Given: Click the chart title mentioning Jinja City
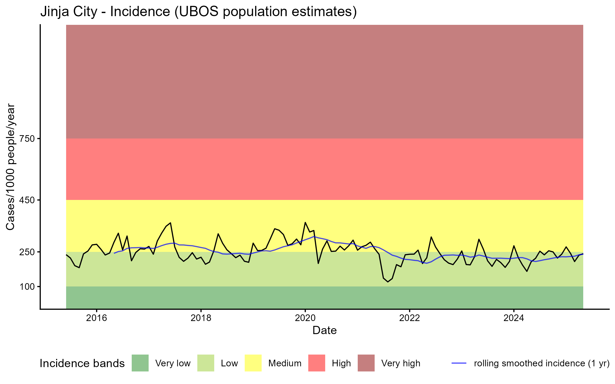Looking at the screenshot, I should coord(199,12).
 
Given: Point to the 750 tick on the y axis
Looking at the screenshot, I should coord(27,139).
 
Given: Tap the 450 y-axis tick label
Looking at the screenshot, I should coord(27,200).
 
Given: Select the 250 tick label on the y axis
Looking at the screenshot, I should coord(27,252).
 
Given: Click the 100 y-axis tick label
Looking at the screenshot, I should coord(27,287).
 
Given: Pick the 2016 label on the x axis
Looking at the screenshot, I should coord(96,318).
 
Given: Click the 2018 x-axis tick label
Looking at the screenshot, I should coord(201,318).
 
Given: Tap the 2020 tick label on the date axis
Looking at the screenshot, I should coord(305,318).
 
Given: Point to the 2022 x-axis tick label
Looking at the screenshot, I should coord(409,318).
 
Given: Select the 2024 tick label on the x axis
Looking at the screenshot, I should coord(514,318).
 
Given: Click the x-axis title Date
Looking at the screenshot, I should coord(324,330).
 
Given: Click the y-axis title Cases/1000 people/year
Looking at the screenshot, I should coord(11,167).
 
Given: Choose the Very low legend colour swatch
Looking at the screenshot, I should coord(140,363).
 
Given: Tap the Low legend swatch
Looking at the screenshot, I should coord(206,363).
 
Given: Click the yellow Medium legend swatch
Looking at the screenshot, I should coord(253,363).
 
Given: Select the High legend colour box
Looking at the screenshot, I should coord(317,363).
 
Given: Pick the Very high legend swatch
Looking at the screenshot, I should coord(366,363).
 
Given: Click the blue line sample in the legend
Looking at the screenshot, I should coord(459,363).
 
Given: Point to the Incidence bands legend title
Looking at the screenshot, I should coord(82,364).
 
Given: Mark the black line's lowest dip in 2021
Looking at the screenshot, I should coord(388,282).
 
